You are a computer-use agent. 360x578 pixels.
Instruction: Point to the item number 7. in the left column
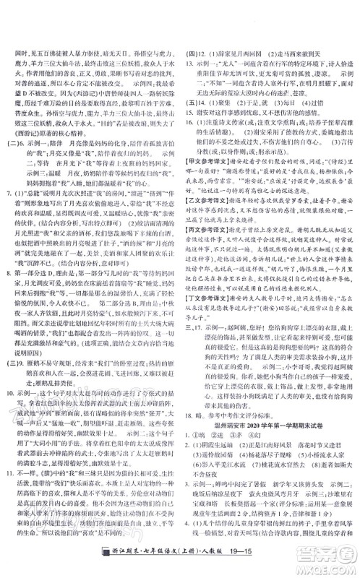tap(8, 194)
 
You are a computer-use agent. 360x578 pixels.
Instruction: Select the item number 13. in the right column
tap(190, 62)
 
